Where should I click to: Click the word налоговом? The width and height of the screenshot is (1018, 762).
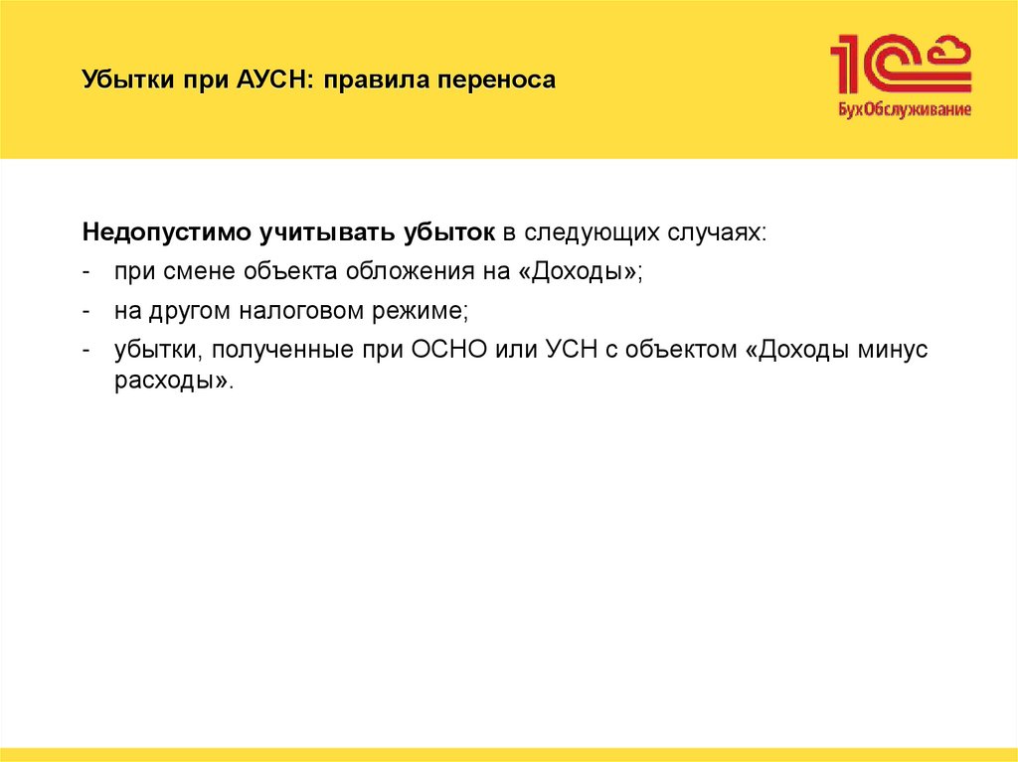click(304, 311)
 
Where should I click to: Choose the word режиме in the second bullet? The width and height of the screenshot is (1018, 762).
click(424, 311)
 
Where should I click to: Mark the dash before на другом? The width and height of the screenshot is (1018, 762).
click(88, 311)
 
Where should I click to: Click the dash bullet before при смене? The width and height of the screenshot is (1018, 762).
click(88, 272)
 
